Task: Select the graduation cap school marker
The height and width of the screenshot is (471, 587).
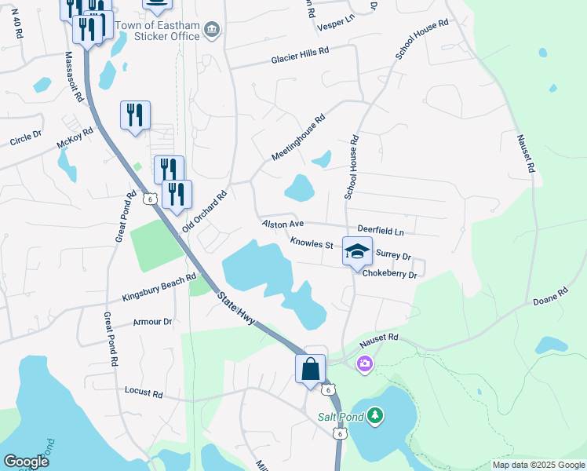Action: pyautogui.click(x=356, y=253)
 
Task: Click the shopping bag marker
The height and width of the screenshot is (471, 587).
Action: pyautogui.click(x=310, y=369)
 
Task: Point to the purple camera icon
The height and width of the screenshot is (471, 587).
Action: pyautogui.click(x=364, y=363)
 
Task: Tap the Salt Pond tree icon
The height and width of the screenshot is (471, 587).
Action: pyautogui.click(x=376, y=415)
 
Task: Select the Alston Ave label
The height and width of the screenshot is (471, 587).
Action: pyautogui.click(x=283, y=225)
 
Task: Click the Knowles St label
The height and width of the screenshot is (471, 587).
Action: pyautogui.click(x=312, y=243)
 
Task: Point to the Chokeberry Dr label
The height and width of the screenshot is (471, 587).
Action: pyautogui.click(x=389, y=276)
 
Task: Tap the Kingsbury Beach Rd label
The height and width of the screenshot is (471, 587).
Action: pyautogui.click(x=159, y=288)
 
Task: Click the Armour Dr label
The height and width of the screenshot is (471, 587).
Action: pyautogui.click(x=152, y=322)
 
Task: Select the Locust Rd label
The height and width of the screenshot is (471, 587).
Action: pyautogui.click(x=144, y=389)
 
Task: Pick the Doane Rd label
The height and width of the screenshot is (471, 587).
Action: pyautogui.click(x=550, y=302)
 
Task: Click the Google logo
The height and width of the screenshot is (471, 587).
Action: pyautogui.click(x=26, y=462)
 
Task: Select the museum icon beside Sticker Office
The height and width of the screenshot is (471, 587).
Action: pyautogui.click(x=211, y=30)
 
